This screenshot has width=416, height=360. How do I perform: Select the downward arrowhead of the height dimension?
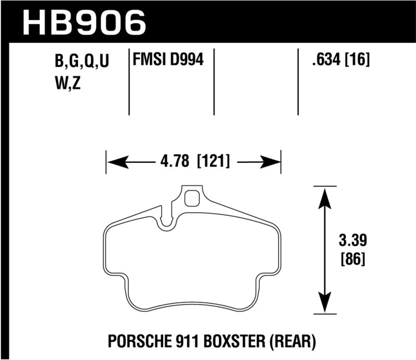coord(325,304)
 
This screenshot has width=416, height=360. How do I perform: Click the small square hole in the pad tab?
coord(192,199)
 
